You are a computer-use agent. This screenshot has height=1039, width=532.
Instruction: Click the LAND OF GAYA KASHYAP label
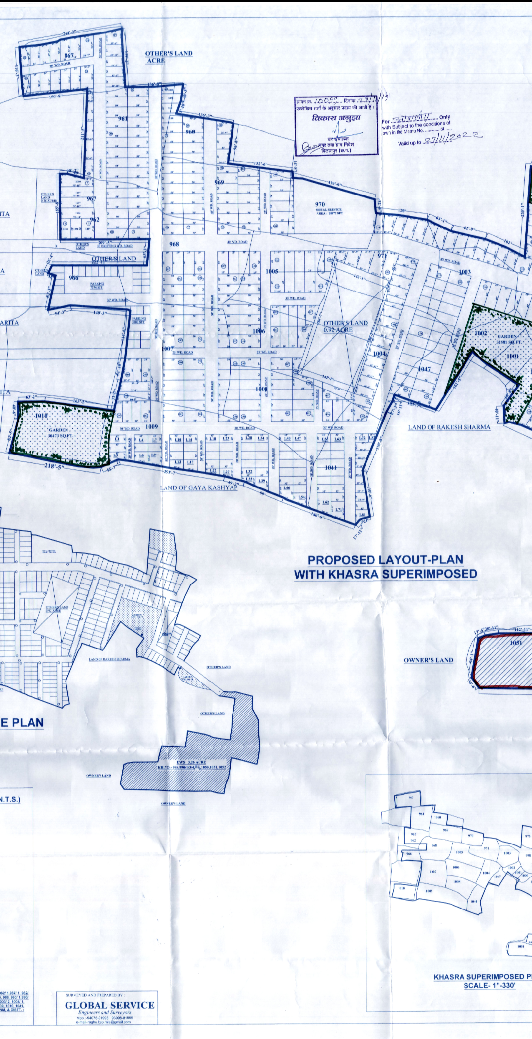pyautogui.click(x=199, y=487)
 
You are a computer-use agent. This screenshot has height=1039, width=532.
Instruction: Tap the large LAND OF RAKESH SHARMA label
pyautogui.click(x=449, y=427)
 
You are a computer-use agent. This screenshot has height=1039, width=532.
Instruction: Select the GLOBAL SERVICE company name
pyautogui.click(x=109, y=1005)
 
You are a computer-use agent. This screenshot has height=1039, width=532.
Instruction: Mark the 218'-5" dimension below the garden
pyautogui.click(x=54, y=466)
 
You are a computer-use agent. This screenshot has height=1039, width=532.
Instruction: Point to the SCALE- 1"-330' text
pyautogui.click(x=489, y=985)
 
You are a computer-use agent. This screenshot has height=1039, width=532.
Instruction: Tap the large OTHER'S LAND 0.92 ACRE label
pyautogui.click(x=345, y=326)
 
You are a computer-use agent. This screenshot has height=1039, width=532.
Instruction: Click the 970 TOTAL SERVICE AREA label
pyautogui.click(x=329, y=207)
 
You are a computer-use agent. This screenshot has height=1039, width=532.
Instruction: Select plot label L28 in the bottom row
pyautogui.click(x=248, y=438)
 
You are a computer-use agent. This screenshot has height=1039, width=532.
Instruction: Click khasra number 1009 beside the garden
pyautogui.click(x=152, y=426)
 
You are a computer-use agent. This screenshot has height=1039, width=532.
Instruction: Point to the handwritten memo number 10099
pyautogui.click(x=325, y=100)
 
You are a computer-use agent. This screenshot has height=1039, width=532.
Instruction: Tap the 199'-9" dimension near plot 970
pyautogui.click(x=335, y=184)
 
